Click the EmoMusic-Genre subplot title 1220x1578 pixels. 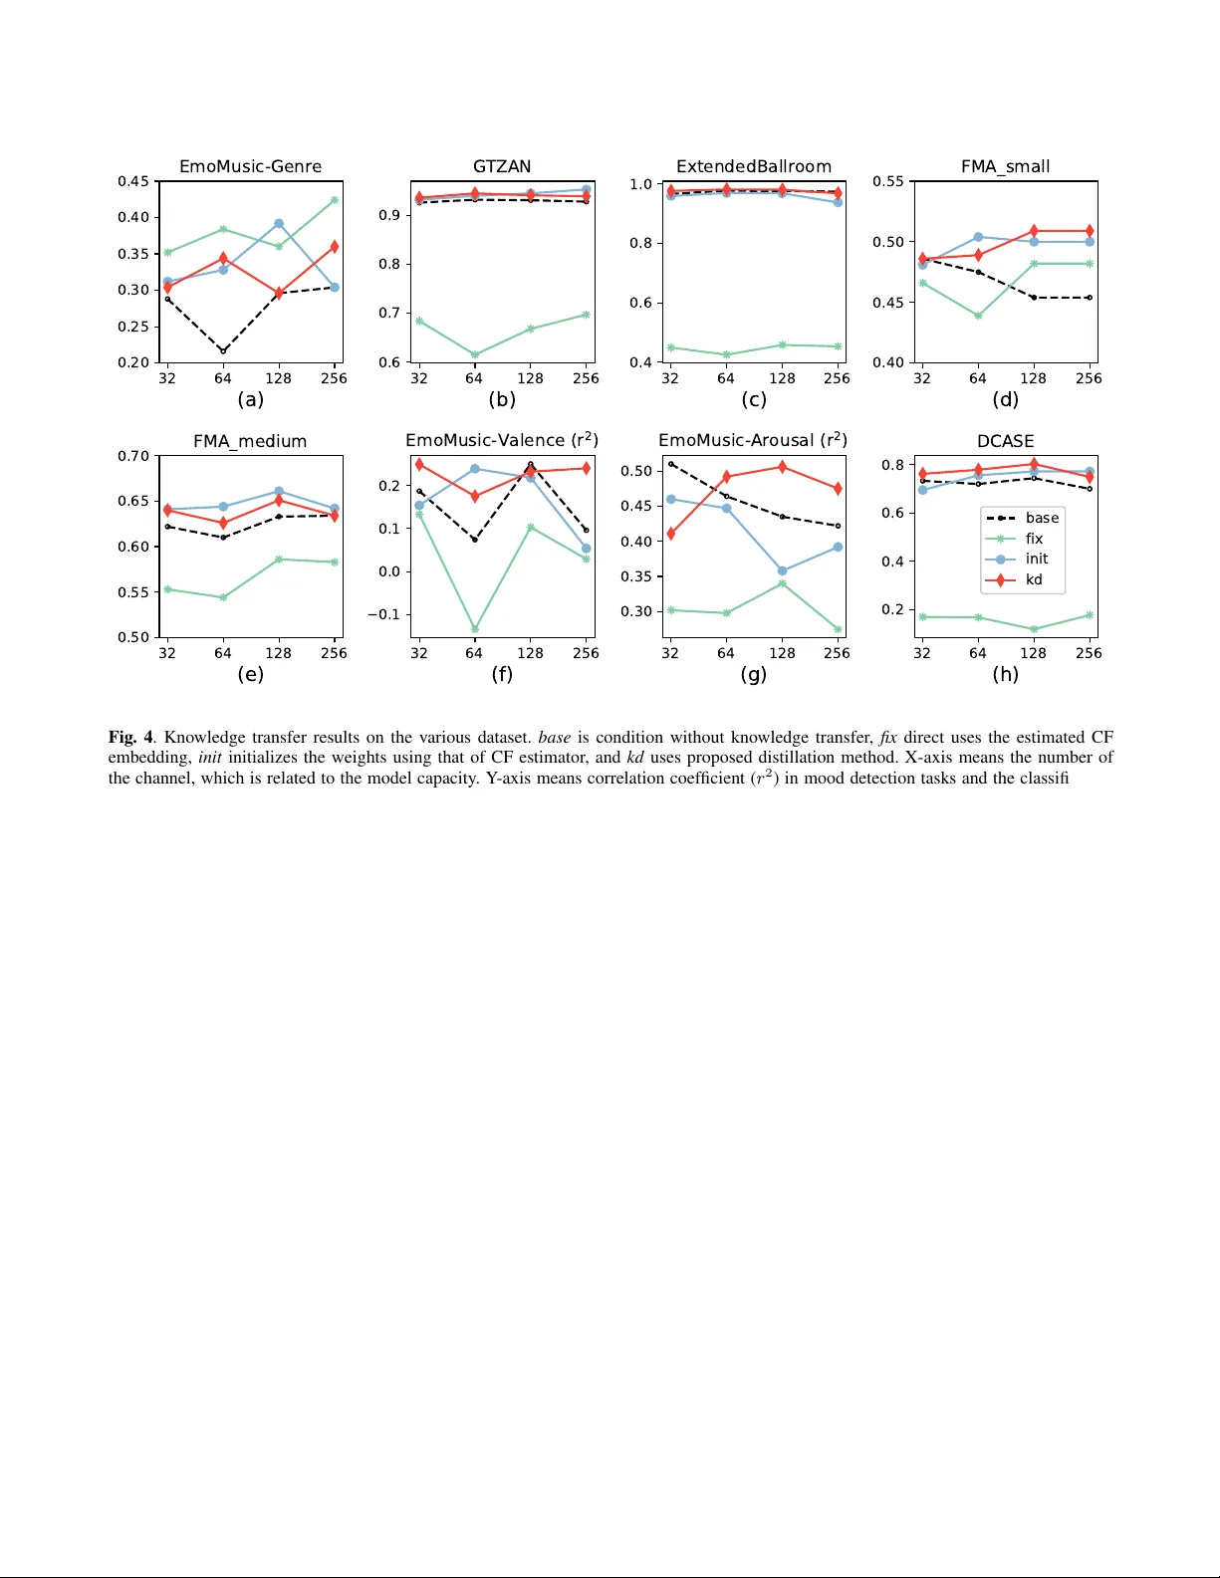(250, 166)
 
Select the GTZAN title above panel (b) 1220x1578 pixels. (502, 166)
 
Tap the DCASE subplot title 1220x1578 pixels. (1005, 441)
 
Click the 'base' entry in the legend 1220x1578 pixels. (1042, 518)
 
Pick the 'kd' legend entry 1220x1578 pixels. (1034, 579)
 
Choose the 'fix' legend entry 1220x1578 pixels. (1034, 539)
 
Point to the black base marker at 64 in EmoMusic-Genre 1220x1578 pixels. (223, 351)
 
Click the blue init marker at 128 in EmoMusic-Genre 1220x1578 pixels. (279, 224)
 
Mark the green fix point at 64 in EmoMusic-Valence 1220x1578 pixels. (475, 629)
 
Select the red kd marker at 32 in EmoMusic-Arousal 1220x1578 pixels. (670, 534)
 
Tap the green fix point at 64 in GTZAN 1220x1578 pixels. (475, 355)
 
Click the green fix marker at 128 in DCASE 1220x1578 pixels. (1034, 629)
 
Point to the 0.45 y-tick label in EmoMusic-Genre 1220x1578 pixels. (133, 181)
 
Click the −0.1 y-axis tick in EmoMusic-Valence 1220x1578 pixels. (383, 614)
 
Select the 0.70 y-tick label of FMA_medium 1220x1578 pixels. (133, 456)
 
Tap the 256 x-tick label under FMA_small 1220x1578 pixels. (1089, 378)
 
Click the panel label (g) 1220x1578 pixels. (754, 674)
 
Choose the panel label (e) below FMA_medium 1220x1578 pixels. (250, 674)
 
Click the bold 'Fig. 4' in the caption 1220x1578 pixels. (130, 737)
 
